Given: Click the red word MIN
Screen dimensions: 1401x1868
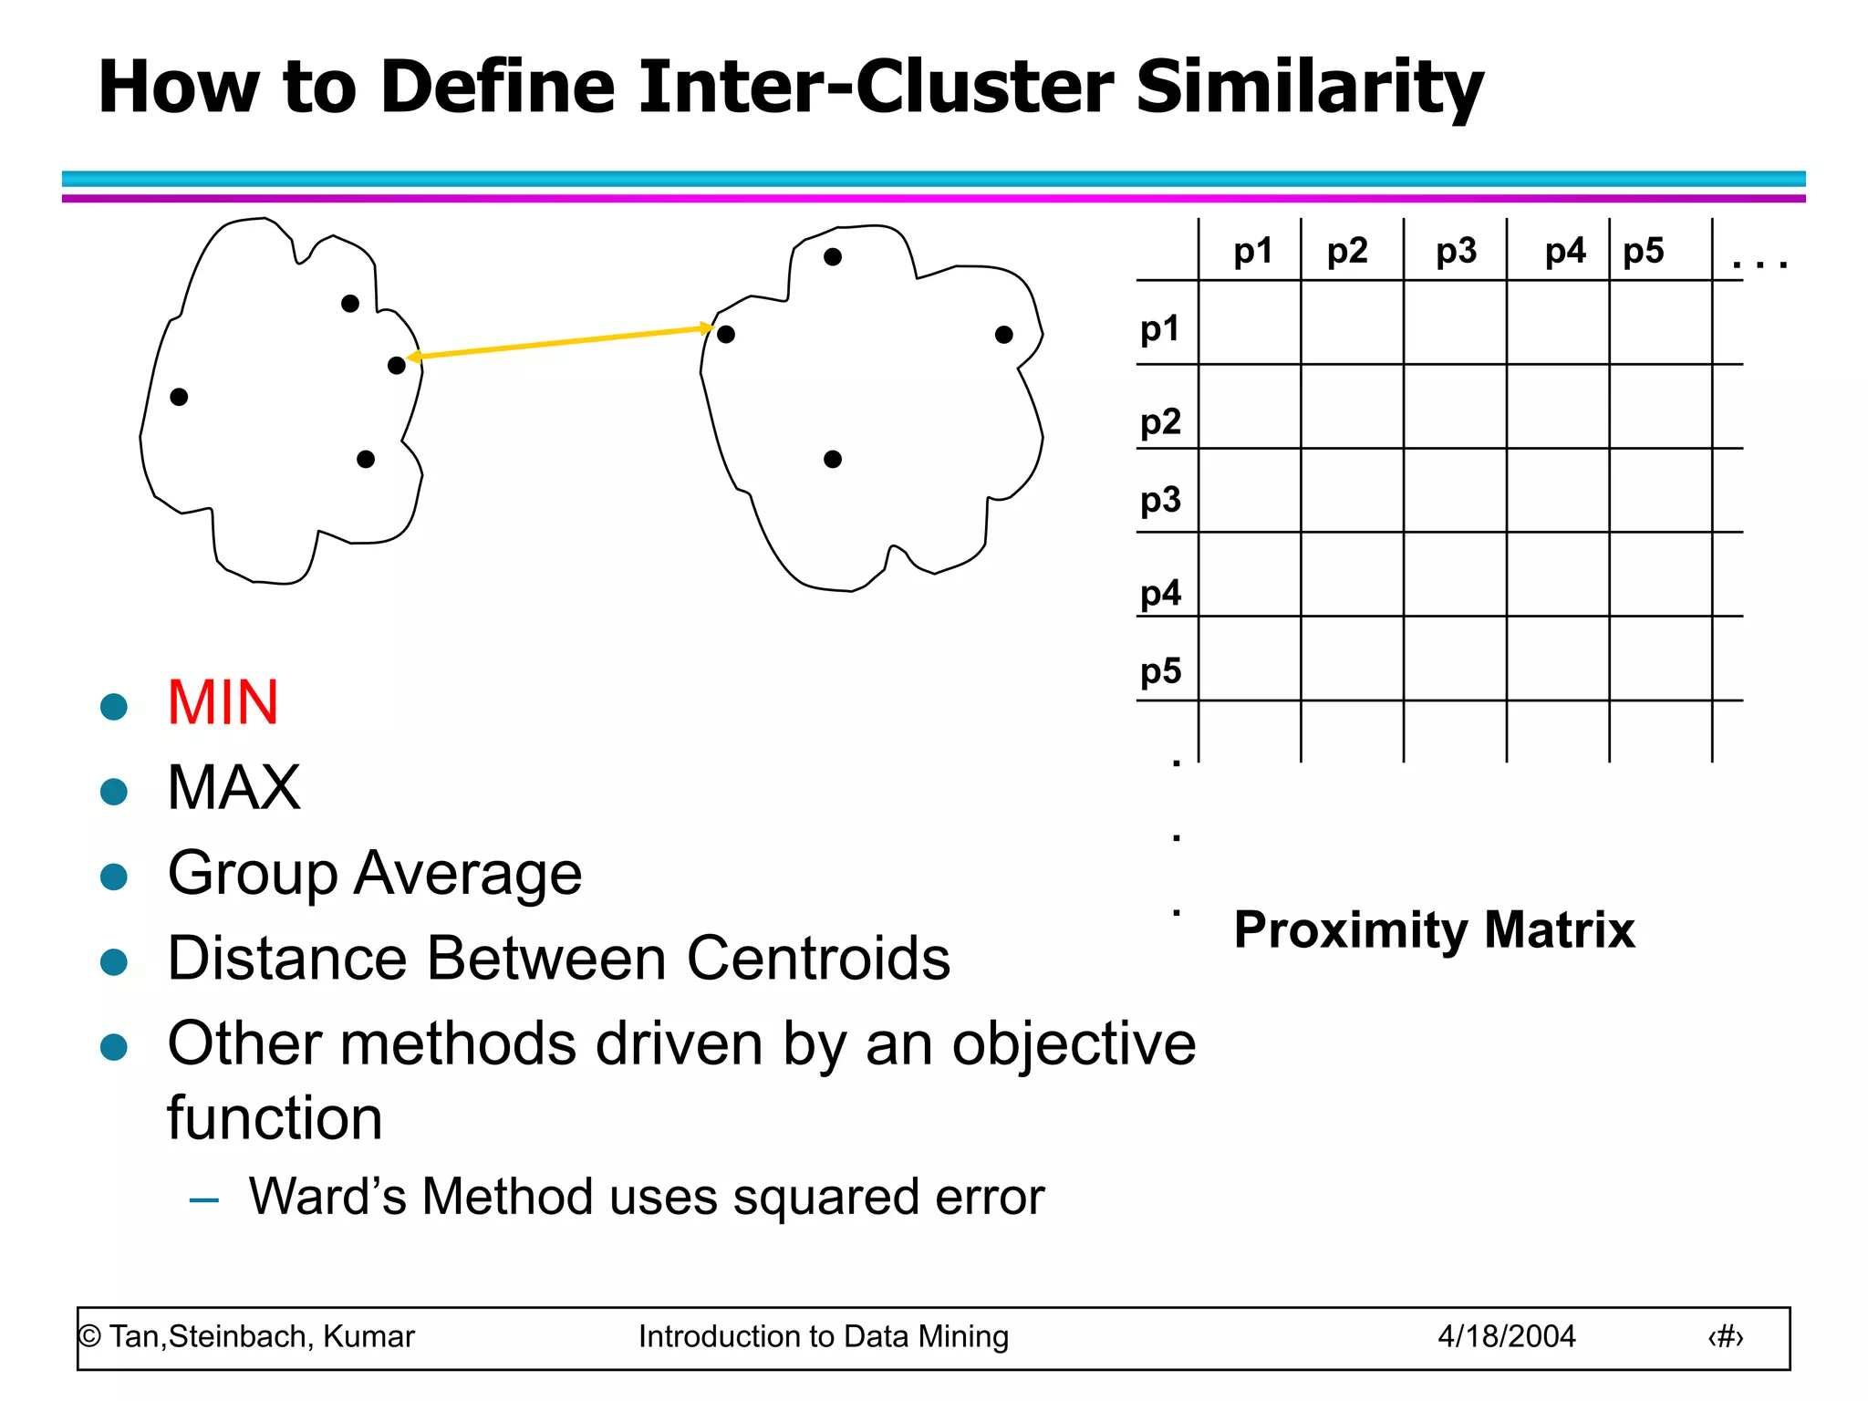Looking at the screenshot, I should pos(223,703).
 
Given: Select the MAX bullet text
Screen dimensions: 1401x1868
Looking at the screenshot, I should pos(234,788).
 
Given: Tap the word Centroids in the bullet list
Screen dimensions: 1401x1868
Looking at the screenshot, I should pos(818,960).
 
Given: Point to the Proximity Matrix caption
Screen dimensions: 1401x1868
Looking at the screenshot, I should pos(1434,930).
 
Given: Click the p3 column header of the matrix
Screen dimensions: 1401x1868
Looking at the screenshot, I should pos(1456,251).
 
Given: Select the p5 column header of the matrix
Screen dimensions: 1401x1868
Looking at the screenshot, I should pos(1644,251).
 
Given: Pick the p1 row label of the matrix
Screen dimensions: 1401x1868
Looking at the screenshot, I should pos(1160,328).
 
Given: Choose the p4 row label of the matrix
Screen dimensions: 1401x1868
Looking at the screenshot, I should pos(1160,593).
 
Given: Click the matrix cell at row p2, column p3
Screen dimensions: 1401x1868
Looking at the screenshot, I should pos(1455,407).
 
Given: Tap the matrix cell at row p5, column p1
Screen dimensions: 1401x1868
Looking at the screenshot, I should pos(1250,659).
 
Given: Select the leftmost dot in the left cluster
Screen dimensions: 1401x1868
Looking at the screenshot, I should pos(179,397).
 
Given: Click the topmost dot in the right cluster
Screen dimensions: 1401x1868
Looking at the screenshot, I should pos(833,257).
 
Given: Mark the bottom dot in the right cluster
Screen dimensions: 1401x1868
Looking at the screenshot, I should pos(833,460).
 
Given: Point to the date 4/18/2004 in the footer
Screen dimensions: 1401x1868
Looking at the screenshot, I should pos(1507,1336).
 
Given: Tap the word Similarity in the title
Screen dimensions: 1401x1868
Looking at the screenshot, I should pos(1310,88).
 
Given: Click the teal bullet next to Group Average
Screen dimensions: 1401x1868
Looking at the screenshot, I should pos(114,877).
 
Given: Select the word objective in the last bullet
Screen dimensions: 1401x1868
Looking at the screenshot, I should pos(1074,1043).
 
